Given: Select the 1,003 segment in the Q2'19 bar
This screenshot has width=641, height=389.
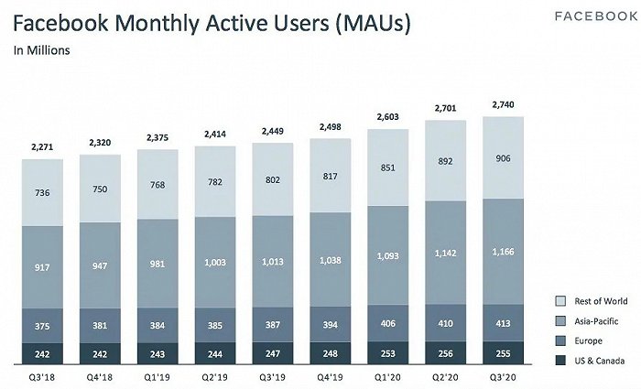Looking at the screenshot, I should click(x=215, y=263).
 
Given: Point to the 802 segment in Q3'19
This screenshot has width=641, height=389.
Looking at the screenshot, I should click(x=273, y=179).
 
